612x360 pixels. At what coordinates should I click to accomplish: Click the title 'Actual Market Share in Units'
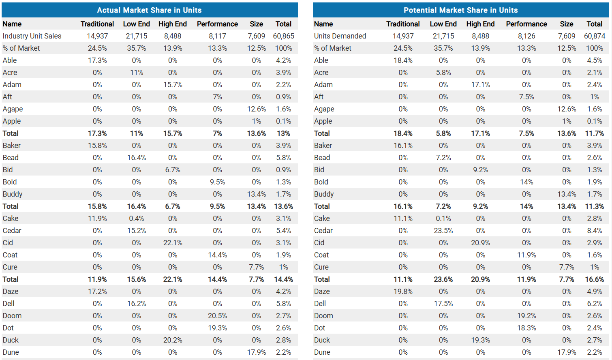[149, 10]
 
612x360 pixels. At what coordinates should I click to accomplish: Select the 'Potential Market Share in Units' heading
[460, 10]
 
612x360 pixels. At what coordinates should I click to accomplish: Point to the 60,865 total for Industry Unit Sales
[283, 36]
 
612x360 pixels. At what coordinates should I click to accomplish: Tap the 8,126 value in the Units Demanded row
[526, 36]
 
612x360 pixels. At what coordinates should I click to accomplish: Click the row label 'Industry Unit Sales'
[32, 36]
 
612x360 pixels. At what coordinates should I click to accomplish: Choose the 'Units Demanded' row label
[340, 36]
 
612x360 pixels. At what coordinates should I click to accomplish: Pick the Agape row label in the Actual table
[13, 109]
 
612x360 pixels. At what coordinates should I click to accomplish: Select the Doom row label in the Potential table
[323, 316]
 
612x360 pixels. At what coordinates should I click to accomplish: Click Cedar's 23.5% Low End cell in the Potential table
[443, 231]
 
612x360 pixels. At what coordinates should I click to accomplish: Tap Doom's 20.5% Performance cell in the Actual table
[217, 316]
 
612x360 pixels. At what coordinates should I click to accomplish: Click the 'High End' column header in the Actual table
[172, 24]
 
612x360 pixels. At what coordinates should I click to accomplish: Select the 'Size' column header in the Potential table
[566, 24]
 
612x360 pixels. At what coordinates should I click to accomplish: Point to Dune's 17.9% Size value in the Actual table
[256, 352]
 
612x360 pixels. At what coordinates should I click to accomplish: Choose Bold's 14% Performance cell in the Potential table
[526, 182]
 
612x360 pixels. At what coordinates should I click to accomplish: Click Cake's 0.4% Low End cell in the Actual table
[136, 219]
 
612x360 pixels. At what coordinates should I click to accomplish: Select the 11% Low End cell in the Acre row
[136, 73]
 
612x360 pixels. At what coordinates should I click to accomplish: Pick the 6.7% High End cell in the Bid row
[172, 170]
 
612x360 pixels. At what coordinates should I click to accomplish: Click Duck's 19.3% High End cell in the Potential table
[480, 340]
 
